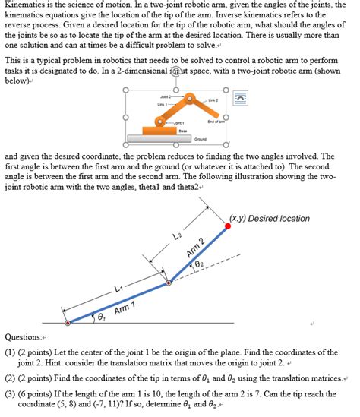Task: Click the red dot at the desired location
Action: pos(228,226)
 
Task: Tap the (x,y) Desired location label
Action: pos(270,219)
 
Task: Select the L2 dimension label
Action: pos(177,237)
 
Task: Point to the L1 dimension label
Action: pos(118,287)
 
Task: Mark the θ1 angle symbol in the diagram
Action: pos(100,316)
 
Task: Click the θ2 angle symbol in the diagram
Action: pos(200,264)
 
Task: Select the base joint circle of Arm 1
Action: pos(68,322)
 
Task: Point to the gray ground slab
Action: pos(173,138)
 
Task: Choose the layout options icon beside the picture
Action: pos(241,99)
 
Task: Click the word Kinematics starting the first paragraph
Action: pos(27,5)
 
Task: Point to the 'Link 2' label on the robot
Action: pos(212,100)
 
